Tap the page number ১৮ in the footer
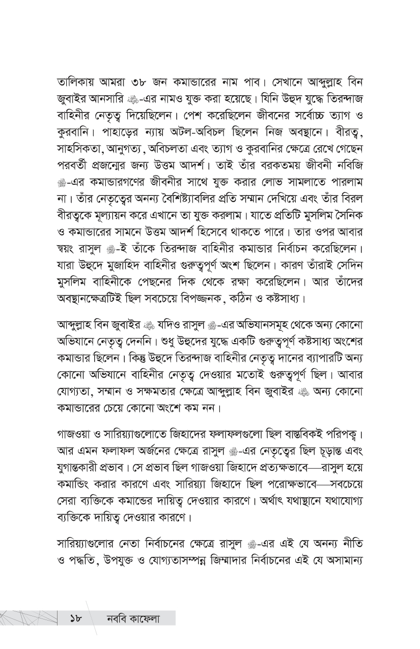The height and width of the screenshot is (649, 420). [x=77, y=618]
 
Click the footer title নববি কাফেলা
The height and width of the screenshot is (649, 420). [x=133, y=618]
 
